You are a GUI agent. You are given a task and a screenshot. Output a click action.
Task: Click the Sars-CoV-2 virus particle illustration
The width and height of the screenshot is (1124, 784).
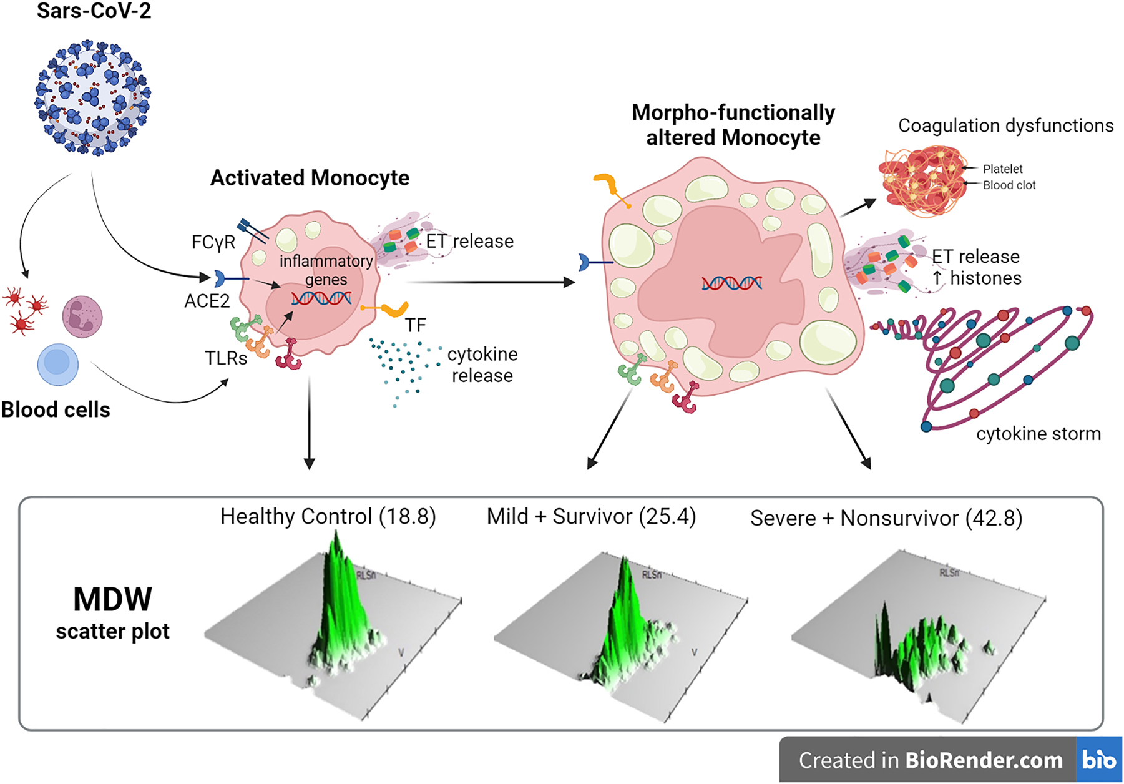pyautogui.click(x=92, y=98)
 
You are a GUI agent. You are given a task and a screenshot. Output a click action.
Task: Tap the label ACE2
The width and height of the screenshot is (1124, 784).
pyautogui.click(x=207, y=301)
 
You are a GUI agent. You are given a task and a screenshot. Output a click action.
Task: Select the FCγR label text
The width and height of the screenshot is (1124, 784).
pyautogui.click(x=213, y=242)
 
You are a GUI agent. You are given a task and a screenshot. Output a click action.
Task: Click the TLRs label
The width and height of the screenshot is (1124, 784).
pyautogui.click(x=226, y=358)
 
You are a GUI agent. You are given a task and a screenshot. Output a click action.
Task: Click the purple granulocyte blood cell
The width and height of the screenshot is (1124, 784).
pyautogui.click(x=82, y=316)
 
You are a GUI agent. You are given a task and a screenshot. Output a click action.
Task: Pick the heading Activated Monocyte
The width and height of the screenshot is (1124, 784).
pyautogui.click(x=310, y=178)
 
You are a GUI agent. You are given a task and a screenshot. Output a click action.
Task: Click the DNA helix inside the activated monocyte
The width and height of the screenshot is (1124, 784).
pyautogui.click(x=321, y=298)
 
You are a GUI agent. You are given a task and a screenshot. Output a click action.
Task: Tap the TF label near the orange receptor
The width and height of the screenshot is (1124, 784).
pyautogui.click(x=415, y=325)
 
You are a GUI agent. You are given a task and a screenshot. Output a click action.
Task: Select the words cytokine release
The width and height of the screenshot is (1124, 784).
pyautogui.click(x=482, y=365)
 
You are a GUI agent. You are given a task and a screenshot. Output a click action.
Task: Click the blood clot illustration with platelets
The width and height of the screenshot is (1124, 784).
pyautogui.click(x=922, y=181)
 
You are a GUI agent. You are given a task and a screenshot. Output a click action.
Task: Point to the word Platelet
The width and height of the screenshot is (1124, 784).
pyautogui.click(x=1002, y=169)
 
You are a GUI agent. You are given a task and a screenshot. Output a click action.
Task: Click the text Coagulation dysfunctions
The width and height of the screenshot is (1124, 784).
pyautogui.click(x=1005, y=125)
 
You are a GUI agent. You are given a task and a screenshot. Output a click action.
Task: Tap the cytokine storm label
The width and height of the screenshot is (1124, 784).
pyautogui.click(x=1038, y=434)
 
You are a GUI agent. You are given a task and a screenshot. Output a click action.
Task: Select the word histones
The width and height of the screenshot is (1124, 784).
pyautogui.click(x=985, y=278)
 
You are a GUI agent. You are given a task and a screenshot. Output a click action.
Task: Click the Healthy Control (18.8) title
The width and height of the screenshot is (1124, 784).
pyautogui.click(x=328, y=517)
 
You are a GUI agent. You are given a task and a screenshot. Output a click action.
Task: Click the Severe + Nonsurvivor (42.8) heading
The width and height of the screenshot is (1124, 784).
pyautogui.click(x=886, y=518)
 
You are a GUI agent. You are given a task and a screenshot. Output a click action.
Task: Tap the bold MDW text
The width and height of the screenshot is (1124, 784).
pyautogui.click(x=112, y=600)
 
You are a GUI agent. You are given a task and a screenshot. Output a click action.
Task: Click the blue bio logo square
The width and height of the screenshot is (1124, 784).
pyautogui.click(x=1099, y=760)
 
